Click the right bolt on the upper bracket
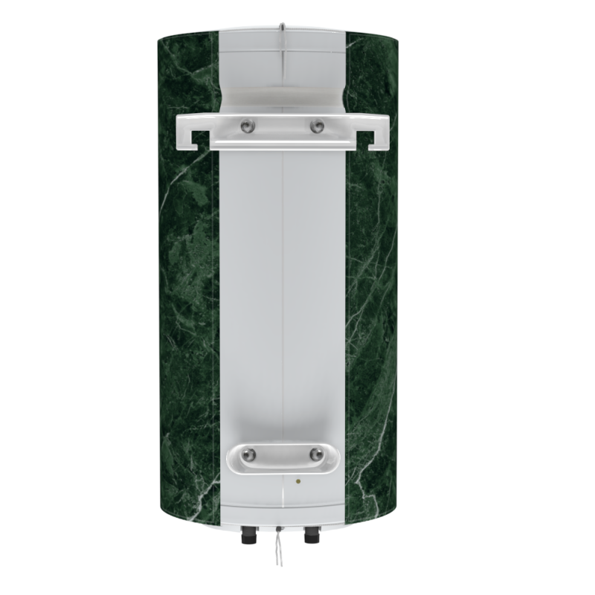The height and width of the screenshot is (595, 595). pyautogui.click(x=318, y=126)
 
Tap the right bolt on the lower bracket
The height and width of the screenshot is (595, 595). pyautogui.click(x=317, y=453)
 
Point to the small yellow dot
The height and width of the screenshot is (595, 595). pyautogui.click(x=299, y=481)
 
